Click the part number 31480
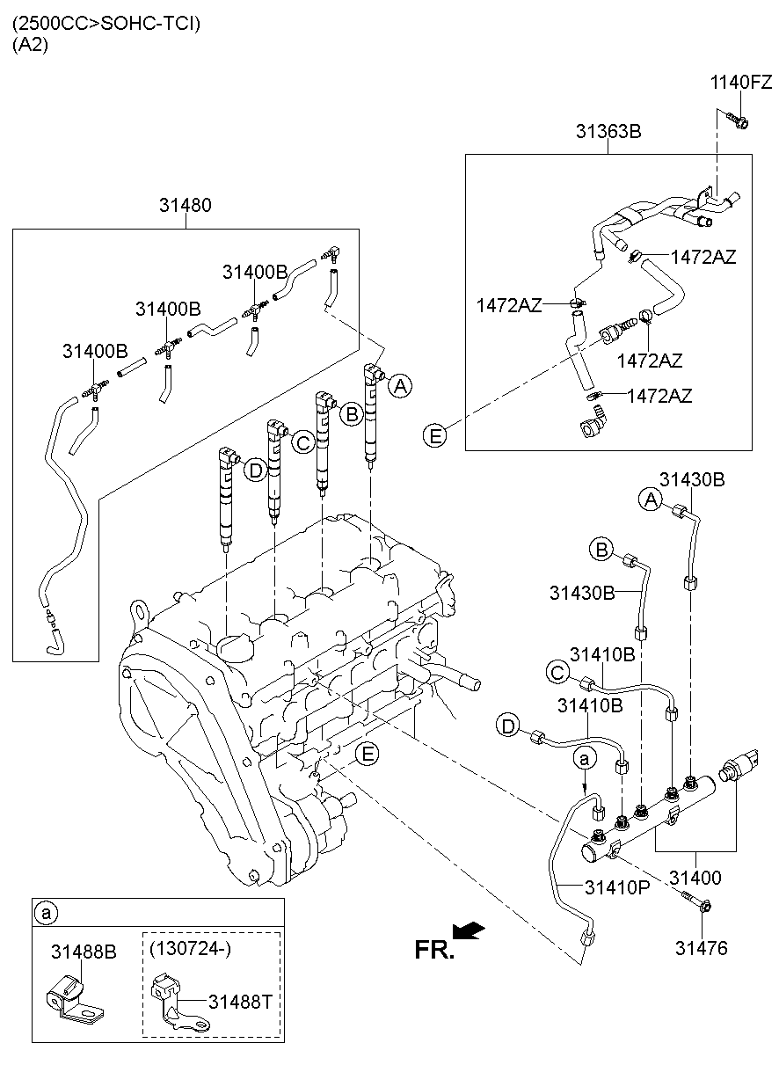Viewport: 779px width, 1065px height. point(186,206)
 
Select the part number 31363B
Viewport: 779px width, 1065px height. point(608,132)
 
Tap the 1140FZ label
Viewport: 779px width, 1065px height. point(741,83)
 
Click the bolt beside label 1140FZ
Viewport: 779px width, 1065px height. point(738,119)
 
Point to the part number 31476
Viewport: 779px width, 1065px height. point(703,949)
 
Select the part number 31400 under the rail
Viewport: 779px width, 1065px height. point(695,878)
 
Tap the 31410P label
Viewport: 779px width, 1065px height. point(616,886)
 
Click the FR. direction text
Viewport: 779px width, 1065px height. point(434,949)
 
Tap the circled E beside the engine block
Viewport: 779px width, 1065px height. point(369,753)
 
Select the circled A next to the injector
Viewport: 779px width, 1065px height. point(400,385)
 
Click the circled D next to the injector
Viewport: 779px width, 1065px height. point(255,470)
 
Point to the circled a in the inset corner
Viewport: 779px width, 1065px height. point(44,914)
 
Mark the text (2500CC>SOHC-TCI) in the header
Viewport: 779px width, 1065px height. point(106,24)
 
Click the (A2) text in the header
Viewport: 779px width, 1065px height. point(30,45)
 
